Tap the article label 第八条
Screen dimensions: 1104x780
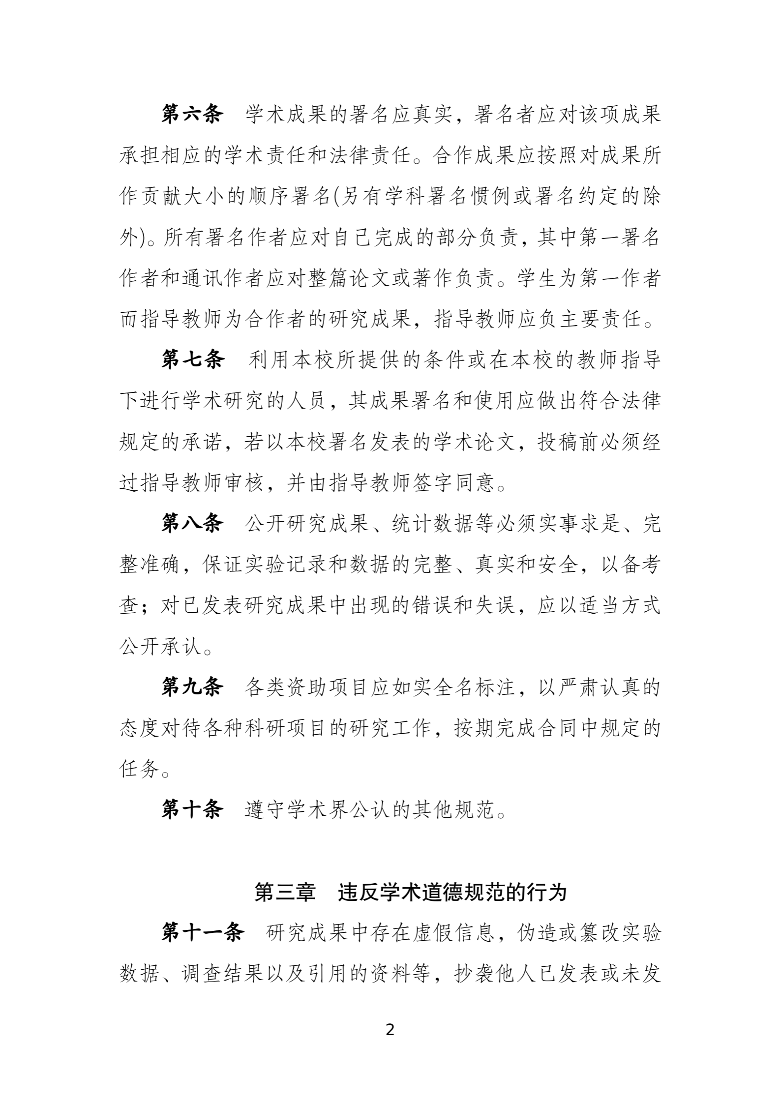pyautogui.click(x=192, y=524)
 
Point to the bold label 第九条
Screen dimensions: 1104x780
pyautogui.click(x=192, y=687)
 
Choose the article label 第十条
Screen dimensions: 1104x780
pyautogui.click(x=192, y=810)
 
